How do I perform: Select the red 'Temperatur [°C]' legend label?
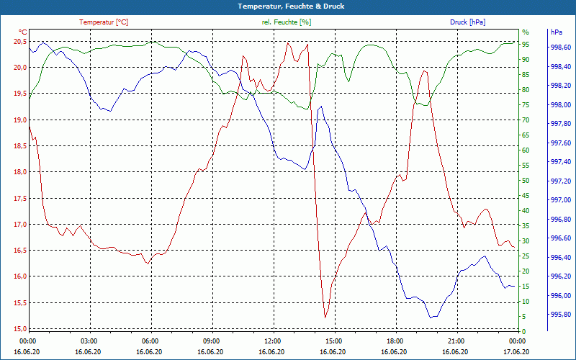(104, 22)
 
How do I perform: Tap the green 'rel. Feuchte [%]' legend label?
(287, 22)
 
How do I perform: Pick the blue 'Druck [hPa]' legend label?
(467, 22)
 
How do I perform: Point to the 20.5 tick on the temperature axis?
(19, 41)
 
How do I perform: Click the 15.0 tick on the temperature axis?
(19, 328)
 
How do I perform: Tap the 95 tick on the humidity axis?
(526, 44)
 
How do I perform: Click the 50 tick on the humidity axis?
(526, 180)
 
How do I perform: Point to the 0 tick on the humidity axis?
(523, 331)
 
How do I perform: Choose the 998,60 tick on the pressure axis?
(560, 48)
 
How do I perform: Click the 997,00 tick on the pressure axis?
(560, 200)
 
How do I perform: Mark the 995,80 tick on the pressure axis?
(560, 315)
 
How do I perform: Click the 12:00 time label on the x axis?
(273, 340)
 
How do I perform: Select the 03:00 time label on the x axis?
(89, 340)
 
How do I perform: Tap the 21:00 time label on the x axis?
(456, 340)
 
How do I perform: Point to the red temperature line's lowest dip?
(325, 317)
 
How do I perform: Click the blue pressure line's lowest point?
(431, 318)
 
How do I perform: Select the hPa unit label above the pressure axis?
(556, 32)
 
